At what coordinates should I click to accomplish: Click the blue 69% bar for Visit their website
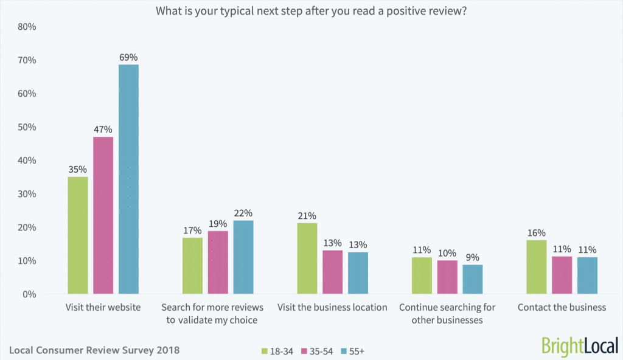click(x=128, y=179)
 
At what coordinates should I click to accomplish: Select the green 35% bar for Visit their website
click(x=78, y=235)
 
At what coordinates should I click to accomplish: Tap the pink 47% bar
click(x=103, y=215)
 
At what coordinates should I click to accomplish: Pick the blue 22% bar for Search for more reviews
click(x=243, y=257)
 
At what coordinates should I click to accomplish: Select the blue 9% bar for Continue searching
click(x=473, y=279)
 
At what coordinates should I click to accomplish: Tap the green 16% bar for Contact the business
click(x=537, y=267)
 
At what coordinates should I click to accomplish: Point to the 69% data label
click(x=128, y=57)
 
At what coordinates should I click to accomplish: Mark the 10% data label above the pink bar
click(x=447, y=252)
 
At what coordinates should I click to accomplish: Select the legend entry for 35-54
click(x=318, y=351)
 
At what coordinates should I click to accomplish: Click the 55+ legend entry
click(x=353, y=351)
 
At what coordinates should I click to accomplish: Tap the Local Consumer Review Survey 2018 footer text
click(x=94, y=350)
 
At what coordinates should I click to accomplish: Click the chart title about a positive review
click(x=311, y=10)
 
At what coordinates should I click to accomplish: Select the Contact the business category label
click(x=562, y=308)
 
